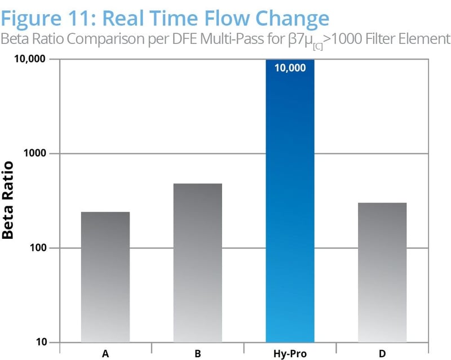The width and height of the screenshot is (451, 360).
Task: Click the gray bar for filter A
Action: pyautogui.click(x=105, y=277)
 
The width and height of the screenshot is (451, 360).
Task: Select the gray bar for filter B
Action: pyautogui.click(x=197, y=263)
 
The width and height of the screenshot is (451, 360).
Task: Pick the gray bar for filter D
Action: pyautogui.click(x=382, y=272)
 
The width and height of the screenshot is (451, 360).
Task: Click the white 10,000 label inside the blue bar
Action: pyautogui.click(x=290, y=68)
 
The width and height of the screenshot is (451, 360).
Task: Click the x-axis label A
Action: pyautogui.click(x=105, y=354)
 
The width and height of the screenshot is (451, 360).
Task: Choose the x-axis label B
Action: pyautogui.click(x=197, y=354)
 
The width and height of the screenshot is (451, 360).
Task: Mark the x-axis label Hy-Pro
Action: pyautogui.click(x=290, y=354)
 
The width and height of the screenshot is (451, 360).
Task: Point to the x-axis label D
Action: pyautogui.click(x=382, y=354)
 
